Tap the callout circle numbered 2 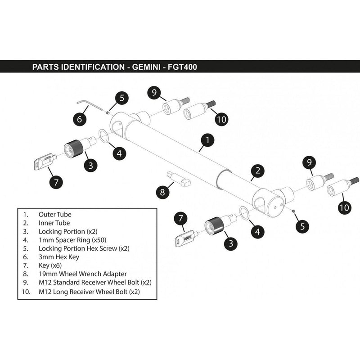click(257, 171)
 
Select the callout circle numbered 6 click(79, 119)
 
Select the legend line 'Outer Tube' click(54, 215)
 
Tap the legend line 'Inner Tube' click(54, 222)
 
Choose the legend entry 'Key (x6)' click(50, 265)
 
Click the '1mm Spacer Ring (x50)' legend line click(72, 239)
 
